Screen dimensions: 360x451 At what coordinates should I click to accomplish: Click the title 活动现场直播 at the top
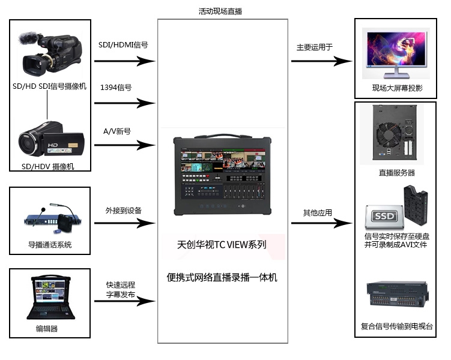(x=220, y=11)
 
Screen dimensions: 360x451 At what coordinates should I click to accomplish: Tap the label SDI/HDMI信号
(x=123, y=44)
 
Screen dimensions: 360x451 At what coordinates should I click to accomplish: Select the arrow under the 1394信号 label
(x=124, y=103)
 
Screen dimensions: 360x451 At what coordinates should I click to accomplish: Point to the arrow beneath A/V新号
(x=124, y=145)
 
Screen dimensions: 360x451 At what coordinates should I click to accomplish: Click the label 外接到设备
(x=124, y=210)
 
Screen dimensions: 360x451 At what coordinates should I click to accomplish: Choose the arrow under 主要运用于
(x=321, y=61)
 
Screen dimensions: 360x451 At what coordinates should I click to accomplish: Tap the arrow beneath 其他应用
(x=321, y=223)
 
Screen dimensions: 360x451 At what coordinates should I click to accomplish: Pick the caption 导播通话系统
(x=50, y=245)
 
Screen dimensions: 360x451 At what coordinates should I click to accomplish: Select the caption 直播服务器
(x=396, y=173)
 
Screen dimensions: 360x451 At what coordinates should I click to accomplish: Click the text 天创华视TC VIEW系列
(x=222, y=245)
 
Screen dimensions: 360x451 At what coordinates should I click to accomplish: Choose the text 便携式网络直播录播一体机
(x=222, y=277)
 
